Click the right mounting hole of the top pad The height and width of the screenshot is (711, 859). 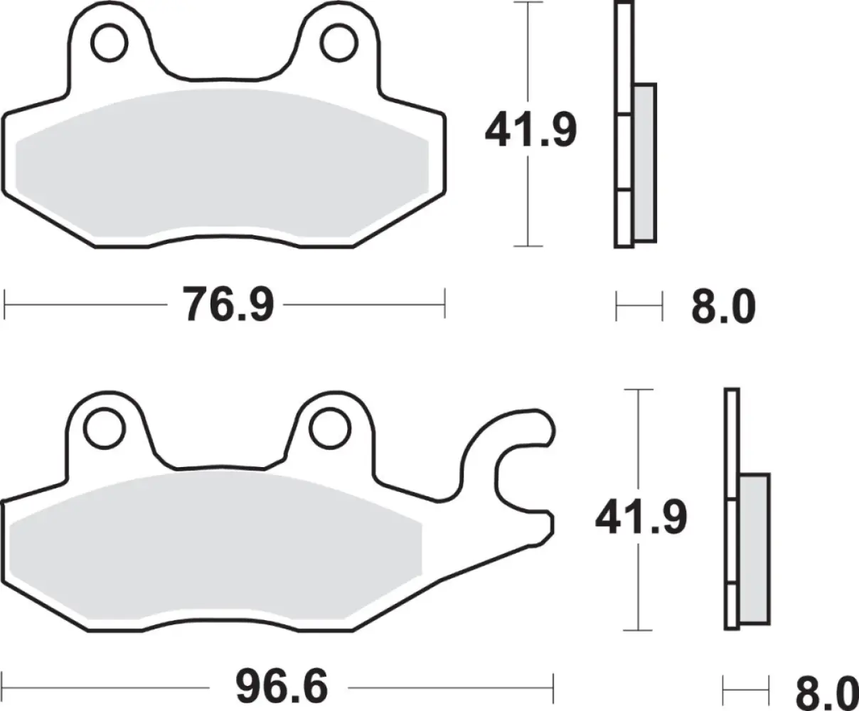[x=336, y=42]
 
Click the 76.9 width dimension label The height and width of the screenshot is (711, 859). [x=228, y=304]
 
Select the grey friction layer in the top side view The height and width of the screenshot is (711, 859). [x=645, y=162]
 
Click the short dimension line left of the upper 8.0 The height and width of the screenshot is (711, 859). [x=639, y=306]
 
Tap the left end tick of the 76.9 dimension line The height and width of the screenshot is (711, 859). [x=6, y=304]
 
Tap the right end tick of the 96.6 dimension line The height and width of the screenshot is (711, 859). [x=552, y=688]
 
